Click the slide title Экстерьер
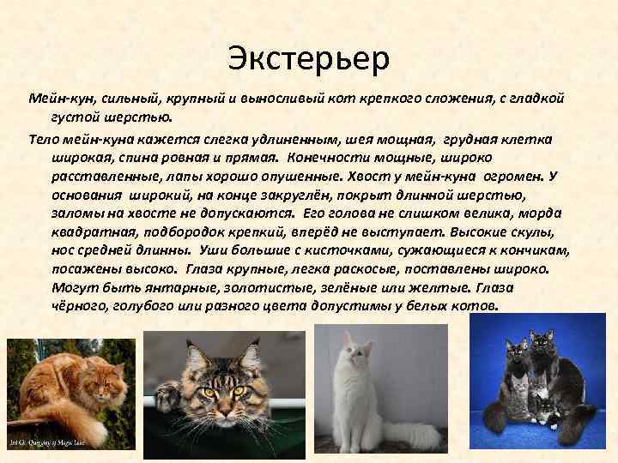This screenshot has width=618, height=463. [x=309, y=58]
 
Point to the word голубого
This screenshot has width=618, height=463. [x=147, y=306]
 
